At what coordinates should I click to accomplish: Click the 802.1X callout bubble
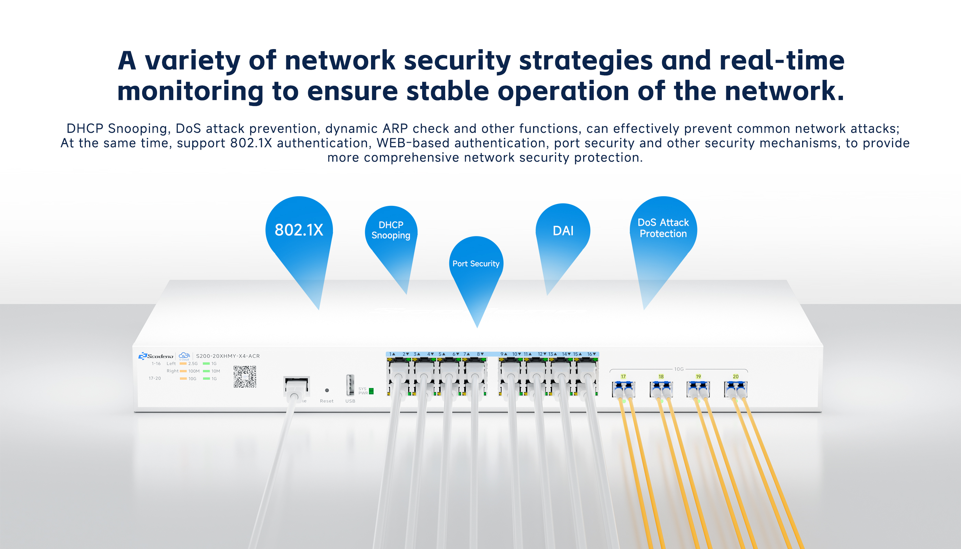[299, 230]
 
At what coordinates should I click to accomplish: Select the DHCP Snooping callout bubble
[391, 230]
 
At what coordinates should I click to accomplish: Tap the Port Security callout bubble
[476, 264]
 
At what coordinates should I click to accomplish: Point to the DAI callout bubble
[563, 230]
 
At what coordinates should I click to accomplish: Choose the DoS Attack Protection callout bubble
[663, 229]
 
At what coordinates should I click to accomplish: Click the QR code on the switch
[245, 376]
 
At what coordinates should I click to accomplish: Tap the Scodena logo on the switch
[156, 356]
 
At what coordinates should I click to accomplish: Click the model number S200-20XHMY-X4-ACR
[228, 356]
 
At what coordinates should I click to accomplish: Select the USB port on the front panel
[350, 385]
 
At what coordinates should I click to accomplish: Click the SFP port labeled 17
[623, 389]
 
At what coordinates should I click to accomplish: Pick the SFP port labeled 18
[661, 389]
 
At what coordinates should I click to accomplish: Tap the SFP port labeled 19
[698, 389]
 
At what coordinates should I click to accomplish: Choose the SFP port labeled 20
[736, 389]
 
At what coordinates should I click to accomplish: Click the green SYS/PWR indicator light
[371, 391]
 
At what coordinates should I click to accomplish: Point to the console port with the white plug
[297, 386]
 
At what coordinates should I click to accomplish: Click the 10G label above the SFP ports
[679, 369]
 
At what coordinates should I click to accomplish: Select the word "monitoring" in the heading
[190, 91]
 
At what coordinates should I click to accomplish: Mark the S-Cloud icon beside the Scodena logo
[184, 355]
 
